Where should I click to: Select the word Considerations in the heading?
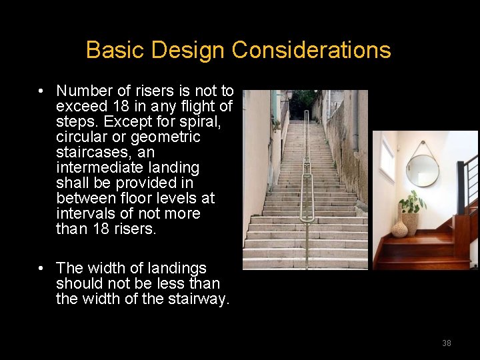click(x=311, y=50)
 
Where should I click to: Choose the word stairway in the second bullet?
click(x=198, y=299)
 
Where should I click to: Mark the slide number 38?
click(x=446, y=343)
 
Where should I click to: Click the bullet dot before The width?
click(x=41, y=268)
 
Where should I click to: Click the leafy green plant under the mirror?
click(x=413, y=202)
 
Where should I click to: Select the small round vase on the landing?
click(x=399, y=229)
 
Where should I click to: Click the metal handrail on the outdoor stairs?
click(x=306, y=173)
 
